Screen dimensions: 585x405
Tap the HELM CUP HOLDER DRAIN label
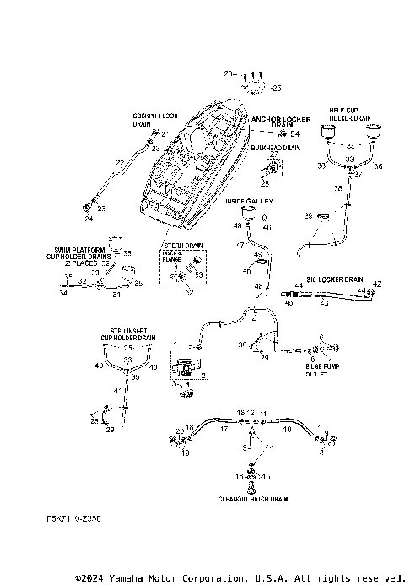pyautogui.click(x=350, y=114)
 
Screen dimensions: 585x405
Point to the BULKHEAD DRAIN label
pyautogui.click(x=276, y=147)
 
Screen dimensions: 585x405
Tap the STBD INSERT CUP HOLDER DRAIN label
pyautogui.click(x=127, y=334)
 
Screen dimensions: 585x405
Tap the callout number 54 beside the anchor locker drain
pyautogui.click(x=294, y=134)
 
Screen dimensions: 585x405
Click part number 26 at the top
pyautogui.click(x=227, y=74)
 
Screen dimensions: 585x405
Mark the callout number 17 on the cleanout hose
pyautogui.click(x=224, y=430)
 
